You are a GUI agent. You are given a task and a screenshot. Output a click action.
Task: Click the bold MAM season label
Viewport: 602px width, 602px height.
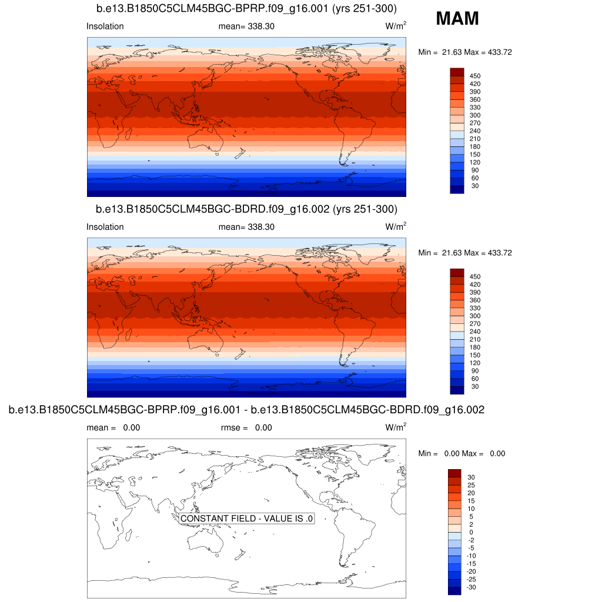click(457, 19)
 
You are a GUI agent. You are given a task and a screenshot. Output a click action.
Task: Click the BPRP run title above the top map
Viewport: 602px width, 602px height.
click(246, 9)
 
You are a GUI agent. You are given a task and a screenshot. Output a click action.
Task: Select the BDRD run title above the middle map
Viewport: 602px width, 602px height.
click(246, 209)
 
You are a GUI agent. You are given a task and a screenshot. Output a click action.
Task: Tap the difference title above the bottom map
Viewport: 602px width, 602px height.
click(246, 410)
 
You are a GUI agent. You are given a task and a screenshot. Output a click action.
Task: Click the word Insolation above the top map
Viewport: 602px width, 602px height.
click(105, 26)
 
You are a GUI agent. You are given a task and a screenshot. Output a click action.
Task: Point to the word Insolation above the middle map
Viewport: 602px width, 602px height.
click(105, 227)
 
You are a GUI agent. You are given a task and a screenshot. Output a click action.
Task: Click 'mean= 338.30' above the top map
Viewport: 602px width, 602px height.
click(246, 26)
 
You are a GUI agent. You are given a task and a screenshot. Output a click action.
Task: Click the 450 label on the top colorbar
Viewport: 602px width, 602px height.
click(475, 76)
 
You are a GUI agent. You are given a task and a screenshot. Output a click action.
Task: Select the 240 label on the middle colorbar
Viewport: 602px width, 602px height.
click(475, 332)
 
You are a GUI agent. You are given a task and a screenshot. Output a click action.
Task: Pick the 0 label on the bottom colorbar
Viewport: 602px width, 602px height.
click(470, 532)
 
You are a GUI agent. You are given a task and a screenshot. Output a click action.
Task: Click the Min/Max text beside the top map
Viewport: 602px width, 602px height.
click(465, 52)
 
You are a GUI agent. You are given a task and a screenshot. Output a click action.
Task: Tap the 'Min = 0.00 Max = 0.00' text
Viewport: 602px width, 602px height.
click(461, 453)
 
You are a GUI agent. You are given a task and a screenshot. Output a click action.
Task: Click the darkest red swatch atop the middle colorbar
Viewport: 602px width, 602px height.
click(457, 272)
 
